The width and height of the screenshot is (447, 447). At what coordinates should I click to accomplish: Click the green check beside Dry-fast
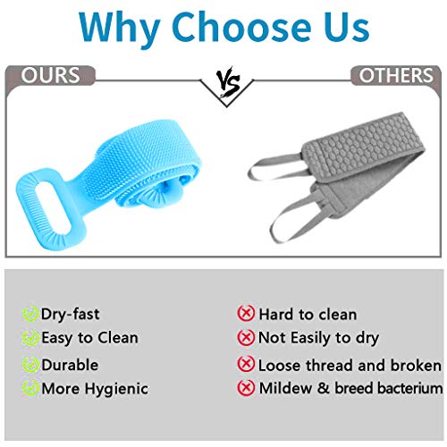tap(30, 314)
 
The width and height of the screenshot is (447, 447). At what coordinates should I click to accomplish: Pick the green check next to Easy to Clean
tap(30, 338)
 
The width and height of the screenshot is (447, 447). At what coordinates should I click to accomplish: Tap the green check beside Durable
tap(30, 365)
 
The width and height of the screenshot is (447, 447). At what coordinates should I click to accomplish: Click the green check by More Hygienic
tap(30, 388)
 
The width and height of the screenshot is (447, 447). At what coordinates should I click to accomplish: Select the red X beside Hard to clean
tap(246, 314)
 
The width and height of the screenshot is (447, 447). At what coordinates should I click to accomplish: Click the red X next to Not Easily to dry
tap(246, 338)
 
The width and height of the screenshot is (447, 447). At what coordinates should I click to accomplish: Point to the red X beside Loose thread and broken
tap(246, 365)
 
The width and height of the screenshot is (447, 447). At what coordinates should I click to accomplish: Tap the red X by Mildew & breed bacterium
tap(246, 388)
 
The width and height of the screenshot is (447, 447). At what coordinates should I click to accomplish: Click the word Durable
tap(70, 365)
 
